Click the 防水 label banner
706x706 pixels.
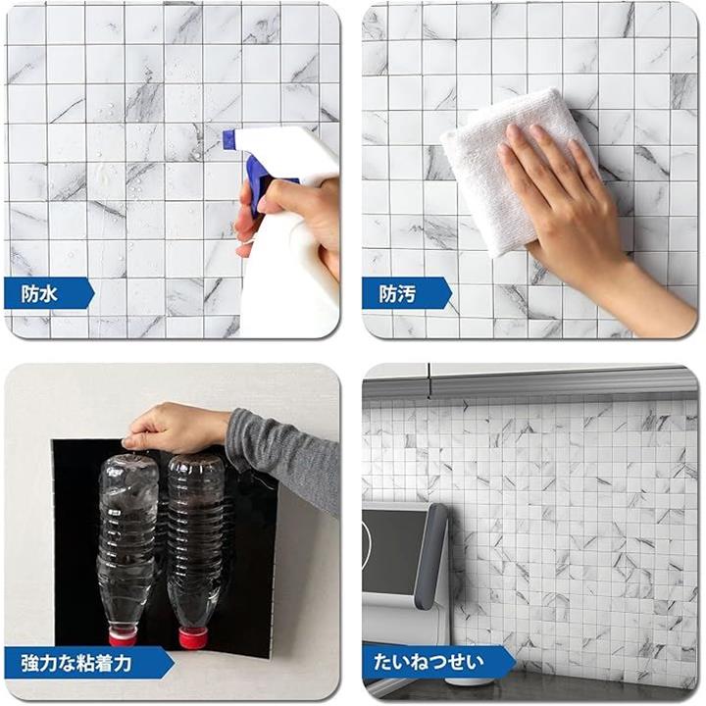click(x=49, y=293)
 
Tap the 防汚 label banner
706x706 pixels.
click(x=407, y=293)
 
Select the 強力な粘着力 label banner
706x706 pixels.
click(x=88, y=663)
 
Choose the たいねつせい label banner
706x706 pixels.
click(x=439, y=662)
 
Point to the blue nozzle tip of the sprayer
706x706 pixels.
click(x=228, y=138)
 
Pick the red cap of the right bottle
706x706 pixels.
click(x=193, y=638)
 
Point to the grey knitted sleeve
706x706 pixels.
click(x=283, y=459)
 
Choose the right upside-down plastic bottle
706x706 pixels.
click(x=195, y=549)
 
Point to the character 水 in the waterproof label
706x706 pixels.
click(x=49, y=293)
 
